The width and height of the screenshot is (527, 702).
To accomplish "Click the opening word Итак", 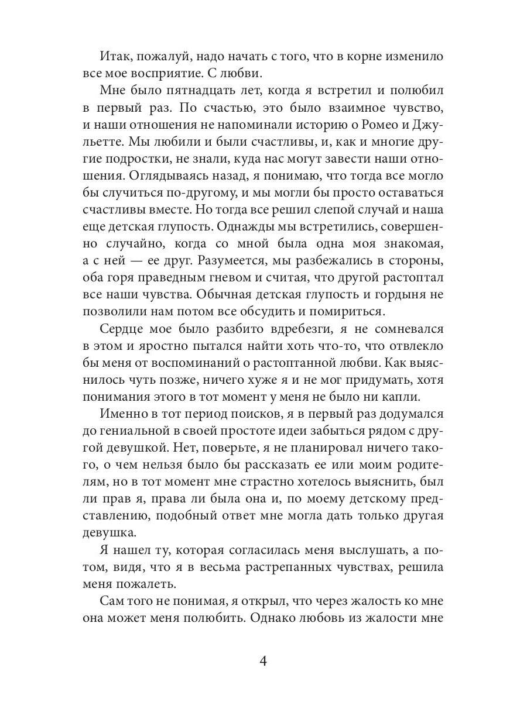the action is pos(116,57).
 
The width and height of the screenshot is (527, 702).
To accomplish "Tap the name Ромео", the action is pos(389,125).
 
